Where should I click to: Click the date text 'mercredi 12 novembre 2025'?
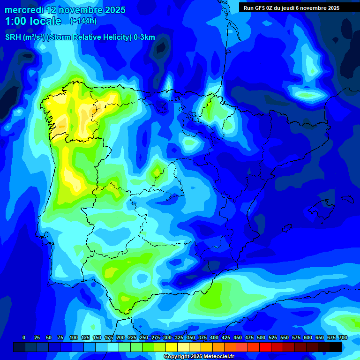(x=65, y=10)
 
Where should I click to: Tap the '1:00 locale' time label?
(x=33, y=21)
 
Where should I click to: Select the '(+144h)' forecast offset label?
(x=83, y=21)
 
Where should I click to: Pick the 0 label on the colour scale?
(x=24, y=337)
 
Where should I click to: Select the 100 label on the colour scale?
(x=73, y=337)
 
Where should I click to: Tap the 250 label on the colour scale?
(x=143, y=337)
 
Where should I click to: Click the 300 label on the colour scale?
(x=167, y=337)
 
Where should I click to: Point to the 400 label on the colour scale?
(x=214, y=337)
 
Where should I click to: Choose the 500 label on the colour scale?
(x=261, y=337)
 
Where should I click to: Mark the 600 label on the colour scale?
(x=308, y=337)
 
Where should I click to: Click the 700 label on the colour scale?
(x=343, y=337)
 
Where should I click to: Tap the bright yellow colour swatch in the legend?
(x=172, y=347)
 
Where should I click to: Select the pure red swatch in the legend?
(x=265, y=347)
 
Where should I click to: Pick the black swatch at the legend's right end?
(x=336, y=347)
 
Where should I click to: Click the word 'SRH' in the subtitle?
(x=13, y=37)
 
